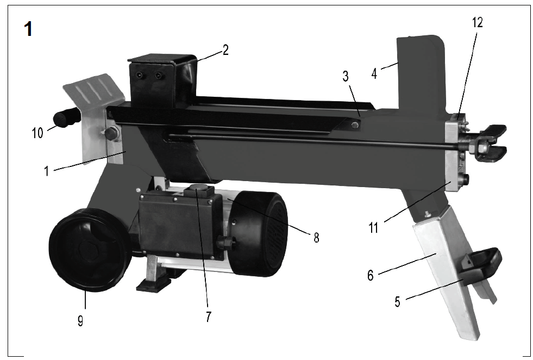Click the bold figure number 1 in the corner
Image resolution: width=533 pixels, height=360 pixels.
click(28, 29)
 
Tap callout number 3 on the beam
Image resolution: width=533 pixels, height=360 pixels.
click(346, 76)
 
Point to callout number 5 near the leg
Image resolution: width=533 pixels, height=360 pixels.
click(397, 301)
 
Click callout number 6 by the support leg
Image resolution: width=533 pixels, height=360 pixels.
click(371, 275)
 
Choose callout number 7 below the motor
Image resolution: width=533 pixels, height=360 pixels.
click(209, 317)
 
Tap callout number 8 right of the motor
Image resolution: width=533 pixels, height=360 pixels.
click(316, 238)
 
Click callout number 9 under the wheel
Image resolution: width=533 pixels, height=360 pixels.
click(80, 320)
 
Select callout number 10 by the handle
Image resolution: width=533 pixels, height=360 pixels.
click(37, 133)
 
